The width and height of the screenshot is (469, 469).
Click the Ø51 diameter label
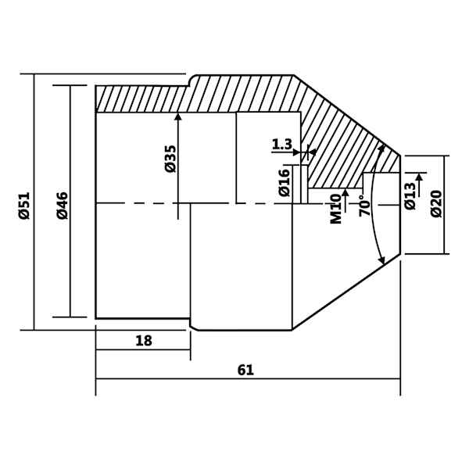24,206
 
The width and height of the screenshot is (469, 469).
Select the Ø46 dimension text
63,206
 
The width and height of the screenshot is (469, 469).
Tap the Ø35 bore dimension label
170,159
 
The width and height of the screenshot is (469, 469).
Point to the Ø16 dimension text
285,183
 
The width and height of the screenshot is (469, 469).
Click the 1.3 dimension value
281,145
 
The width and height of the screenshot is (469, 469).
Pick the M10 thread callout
336,209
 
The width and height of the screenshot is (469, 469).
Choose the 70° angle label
364,206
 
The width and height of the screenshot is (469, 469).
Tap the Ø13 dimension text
410,196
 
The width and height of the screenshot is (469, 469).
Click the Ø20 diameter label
436,203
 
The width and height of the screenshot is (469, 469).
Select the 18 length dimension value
144,341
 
